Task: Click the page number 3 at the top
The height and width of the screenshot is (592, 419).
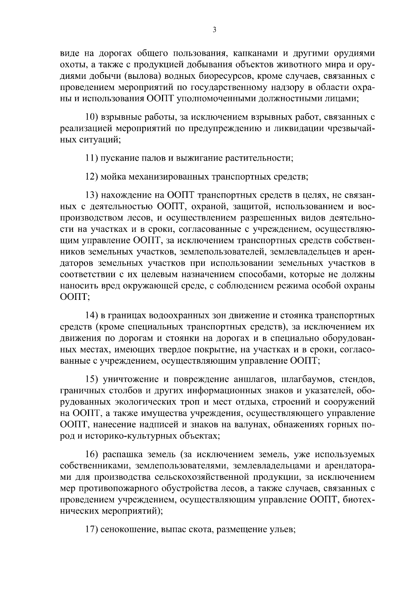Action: pos(214,30)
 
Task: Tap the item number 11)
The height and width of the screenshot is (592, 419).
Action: pos(92,158)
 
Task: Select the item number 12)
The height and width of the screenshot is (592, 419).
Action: pos(92,177)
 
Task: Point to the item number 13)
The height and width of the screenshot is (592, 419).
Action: pos(92,195)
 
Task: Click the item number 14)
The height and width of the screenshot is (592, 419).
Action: pos(92,316)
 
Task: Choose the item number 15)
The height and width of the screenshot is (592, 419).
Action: pos(92,379)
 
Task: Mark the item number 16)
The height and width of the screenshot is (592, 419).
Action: pos(92,455)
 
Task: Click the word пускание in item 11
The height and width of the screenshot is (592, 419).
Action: pos(116,158)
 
